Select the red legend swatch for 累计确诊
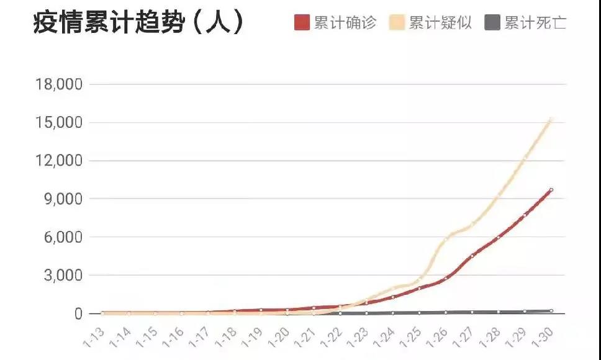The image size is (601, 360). [302, 24]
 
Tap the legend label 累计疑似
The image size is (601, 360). [440, 24]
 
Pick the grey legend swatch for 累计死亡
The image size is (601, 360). [492, 24]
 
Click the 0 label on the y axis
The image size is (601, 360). [78, 314]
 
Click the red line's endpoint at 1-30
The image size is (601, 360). [551, 190]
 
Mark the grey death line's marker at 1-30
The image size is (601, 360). [551, 311]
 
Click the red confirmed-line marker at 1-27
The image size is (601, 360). [472, 256]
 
